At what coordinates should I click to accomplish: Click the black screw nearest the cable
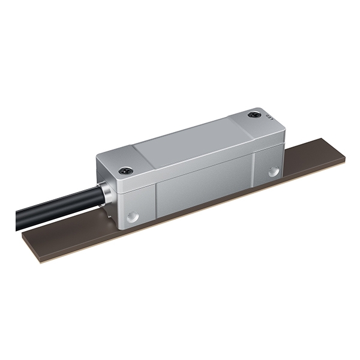click(x=124, y=170)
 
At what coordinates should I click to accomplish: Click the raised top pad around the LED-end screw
click(x=255, y=117)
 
